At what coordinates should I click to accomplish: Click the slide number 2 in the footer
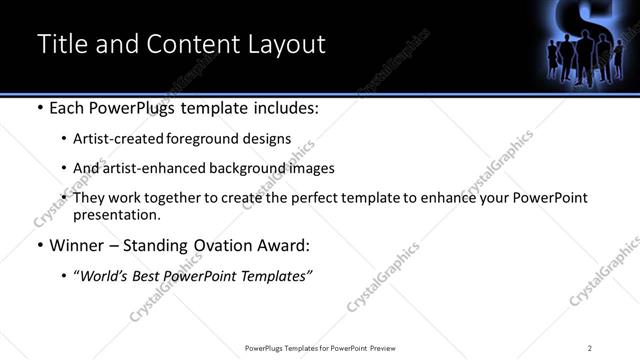[x=590, y=348]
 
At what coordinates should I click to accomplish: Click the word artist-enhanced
[x=148, y=168]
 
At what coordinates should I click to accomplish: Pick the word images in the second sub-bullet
[x=311, y=168]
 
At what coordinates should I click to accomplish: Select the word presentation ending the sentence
[x=116, y=214]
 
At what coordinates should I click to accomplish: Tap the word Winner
[x=77, y=244]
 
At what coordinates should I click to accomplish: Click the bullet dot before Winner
[x=40, y=245]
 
